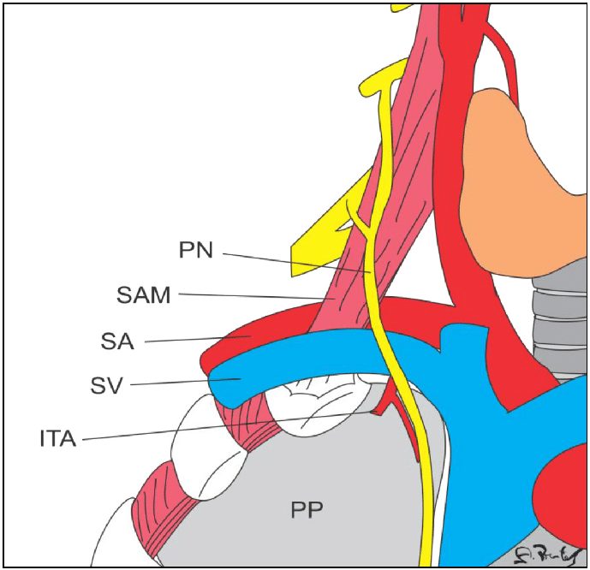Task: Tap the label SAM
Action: point(145,296)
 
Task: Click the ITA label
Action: point(58,439)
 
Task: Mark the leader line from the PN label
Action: point(300,263)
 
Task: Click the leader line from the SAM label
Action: point(257,297)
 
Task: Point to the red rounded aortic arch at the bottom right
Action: point(561,488)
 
